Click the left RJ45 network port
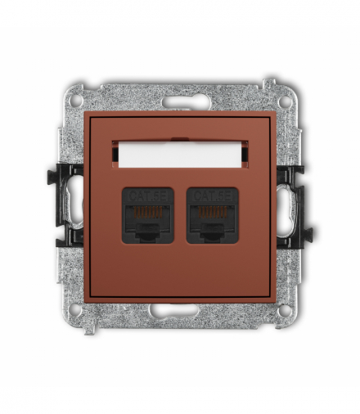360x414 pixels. coord(148,215)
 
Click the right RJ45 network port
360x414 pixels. coord(212,215)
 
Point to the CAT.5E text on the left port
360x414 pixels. coord(148,196)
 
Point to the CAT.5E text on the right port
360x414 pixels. coord(212,196)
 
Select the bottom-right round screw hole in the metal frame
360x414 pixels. coord(283,310)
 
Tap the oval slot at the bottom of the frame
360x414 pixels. coord(180,311)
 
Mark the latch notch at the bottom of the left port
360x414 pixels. coord(148,235)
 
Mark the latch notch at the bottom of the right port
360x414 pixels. coord(212,235)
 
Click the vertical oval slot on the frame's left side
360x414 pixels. coord(74,205)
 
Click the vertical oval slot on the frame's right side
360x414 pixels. coord(286,205)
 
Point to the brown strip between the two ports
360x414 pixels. coord(180,215)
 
